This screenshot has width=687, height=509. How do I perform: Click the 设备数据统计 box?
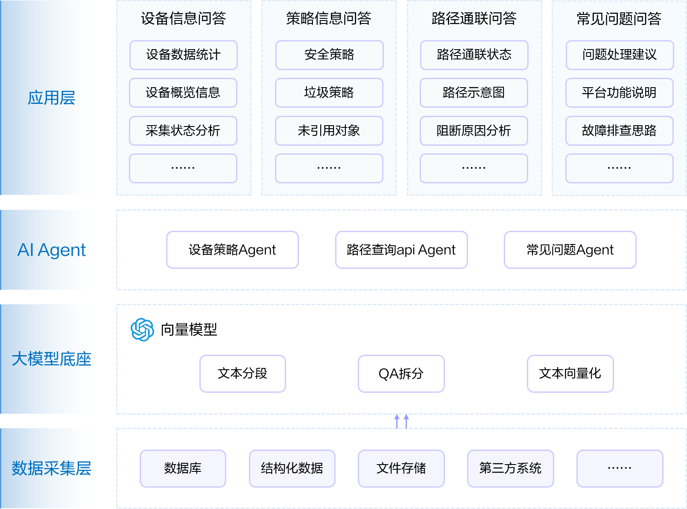click(x=183, y=55)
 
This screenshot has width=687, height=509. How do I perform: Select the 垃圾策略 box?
click(x=329, y=93)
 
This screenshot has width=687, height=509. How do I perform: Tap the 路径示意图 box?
click(x=474, y=93)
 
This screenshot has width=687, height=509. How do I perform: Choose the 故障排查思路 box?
click(x=619, y=131)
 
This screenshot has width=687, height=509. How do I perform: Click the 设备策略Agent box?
click(x=232, y=250)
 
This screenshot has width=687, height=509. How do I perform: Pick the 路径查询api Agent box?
click(x=401, y=250)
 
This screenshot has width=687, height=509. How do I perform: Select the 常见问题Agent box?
click(x=570, y=250)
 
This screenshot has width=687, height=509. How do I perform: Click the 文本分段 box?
click(x=243, y=374)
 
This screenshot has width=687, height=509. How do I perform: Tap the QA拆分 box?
click(x=401, y=374)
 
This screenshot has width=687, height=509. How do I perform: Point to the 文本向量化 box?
click(x=570, y=374)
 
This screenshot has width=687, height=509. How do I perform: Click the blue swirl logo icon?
click(x=142, y=330)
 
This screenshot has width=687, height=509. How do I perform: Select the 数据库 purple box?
click(x=183, y=468)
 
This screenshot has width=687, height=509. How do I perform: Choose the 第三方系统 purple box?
click(x=510, y=468)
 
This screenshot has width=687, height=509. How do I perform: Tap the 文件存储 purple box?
click(x=401, y=468)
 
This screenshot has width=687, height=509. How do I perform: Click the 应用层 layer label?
click(x=52, y=98)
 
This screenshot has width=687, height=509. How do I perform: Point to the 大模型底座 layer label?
click(x=52, y=359)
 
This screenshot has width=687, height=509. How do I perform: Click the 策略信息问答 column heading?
click(x=329, y=18)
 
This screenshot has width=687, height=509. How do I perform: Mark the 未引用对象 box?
click(x=329, y=131)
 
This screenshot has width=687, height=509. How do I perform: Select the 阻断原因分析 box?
click(x=474, y=131)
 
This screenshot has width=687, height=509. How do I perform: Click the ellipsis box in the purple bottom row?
click(x=620, y=468)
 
